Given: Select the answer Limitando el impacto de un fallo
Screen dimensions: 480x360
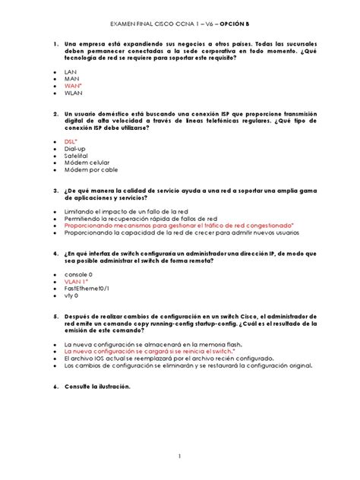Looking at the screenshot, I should pos(125,210).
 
